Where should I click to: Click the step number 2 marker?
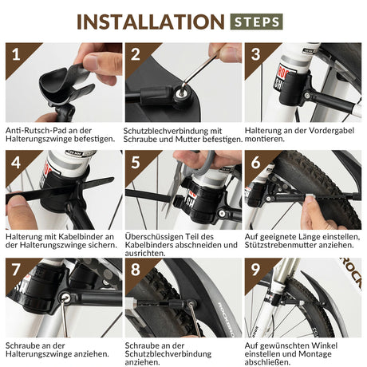(136, 57)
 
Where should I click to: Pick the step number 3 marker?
(255, 57)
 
